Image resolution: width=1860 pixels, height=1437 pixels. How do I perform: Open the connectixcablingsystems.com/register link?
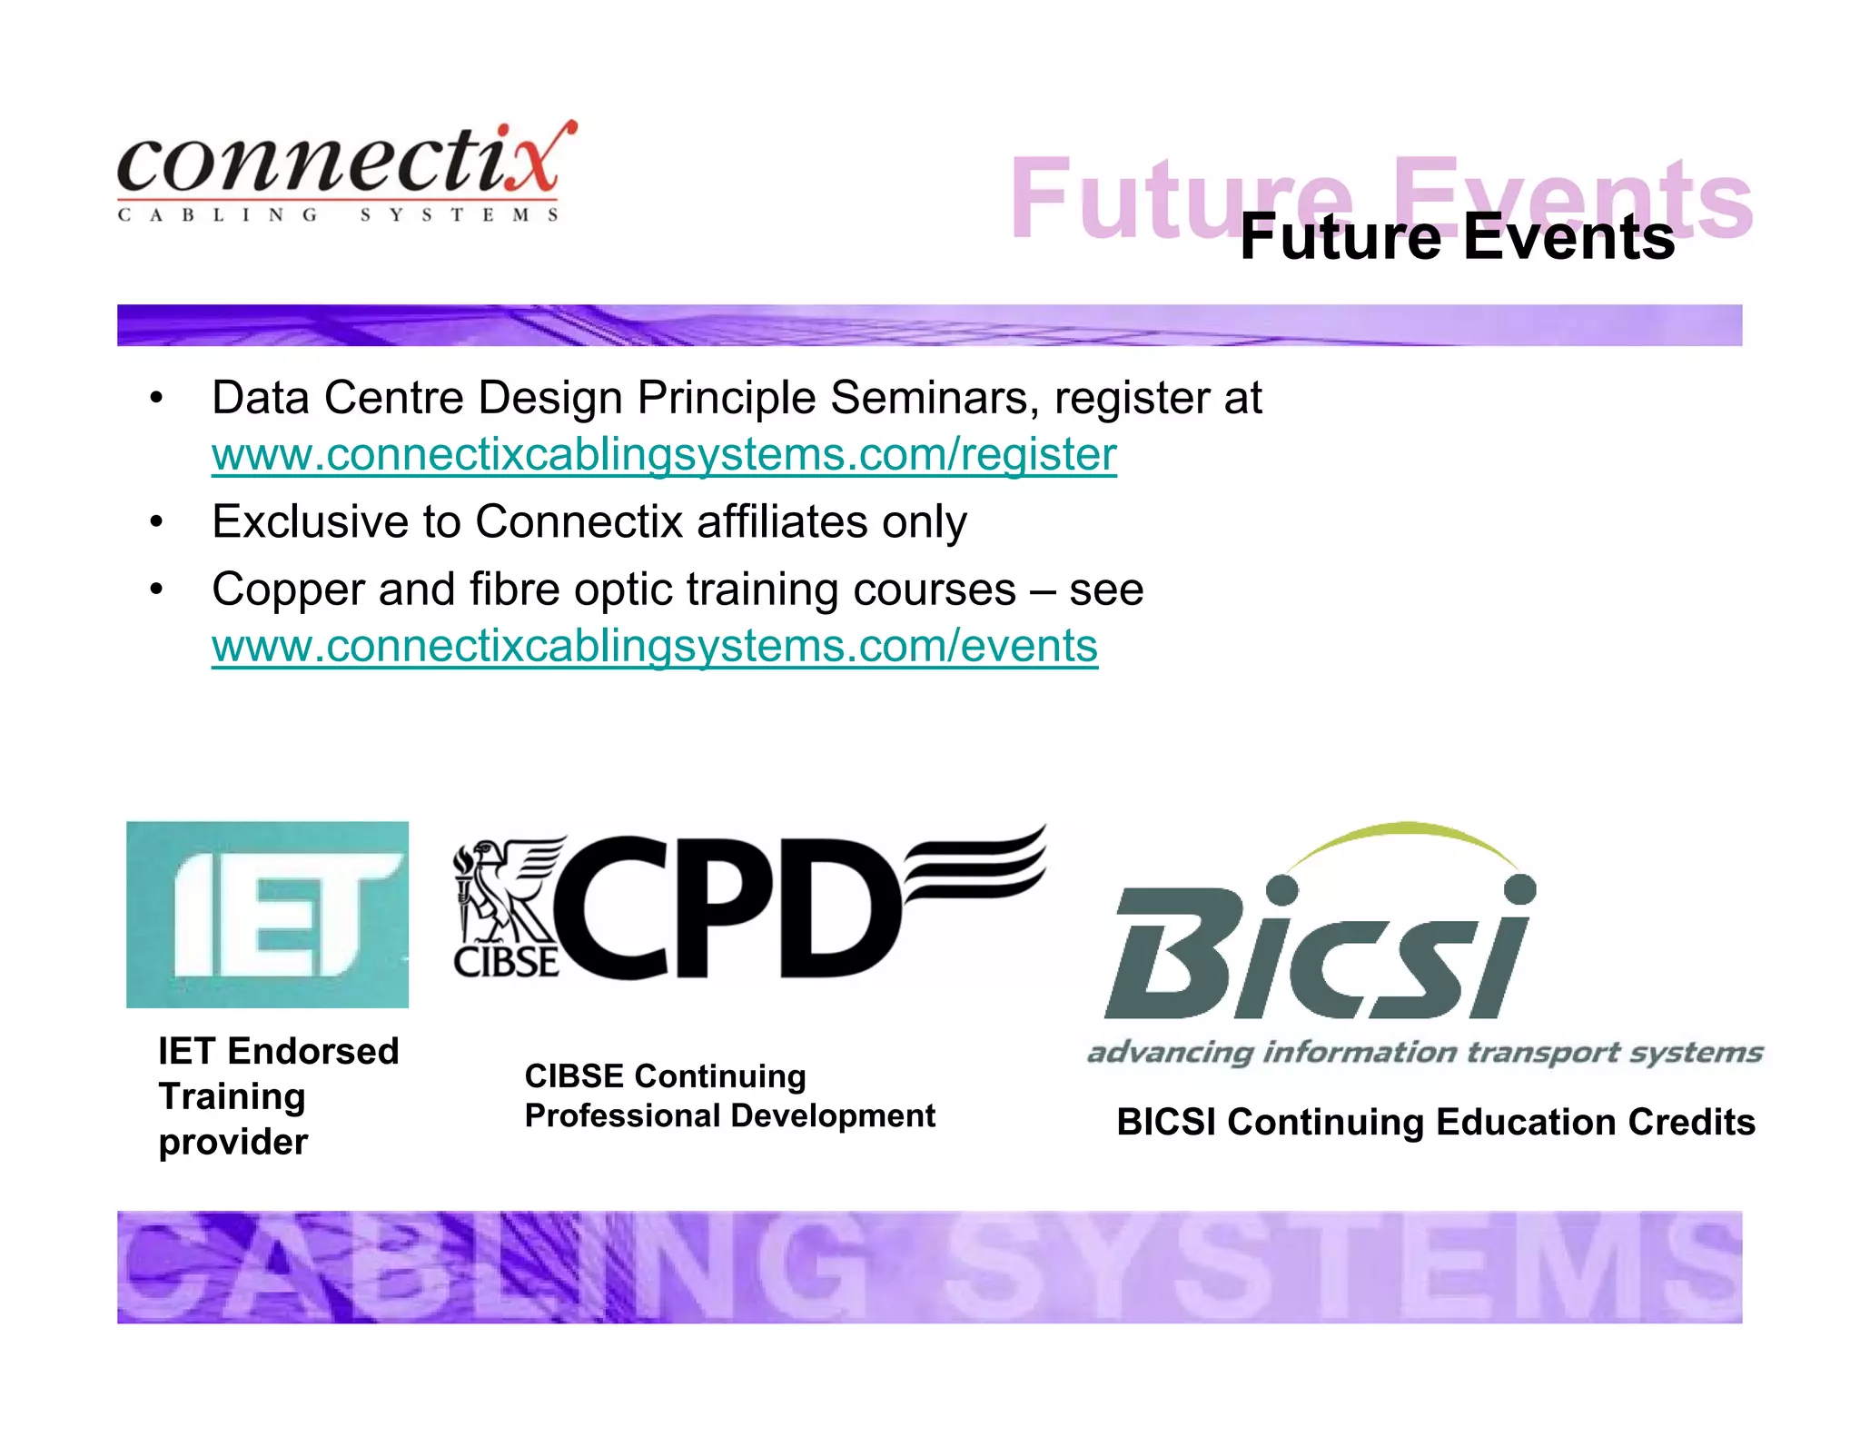click(664, 454)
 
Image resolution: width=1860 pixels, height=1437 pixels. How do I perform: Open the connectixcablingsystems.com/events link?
click(655, 646)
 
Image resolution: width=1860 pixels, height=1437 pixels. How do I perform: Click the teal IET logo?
click(267, 914)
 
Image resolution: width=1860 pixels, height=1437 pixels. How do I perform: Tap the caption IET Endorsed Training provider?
click(278, 1096)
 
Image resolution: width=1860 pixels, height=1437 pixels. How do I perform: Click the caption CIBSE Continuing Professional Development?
click(729, 1095)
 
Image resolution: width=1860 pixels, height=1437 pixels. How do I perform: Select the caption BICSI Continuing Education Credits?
click(1435, 1123)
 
